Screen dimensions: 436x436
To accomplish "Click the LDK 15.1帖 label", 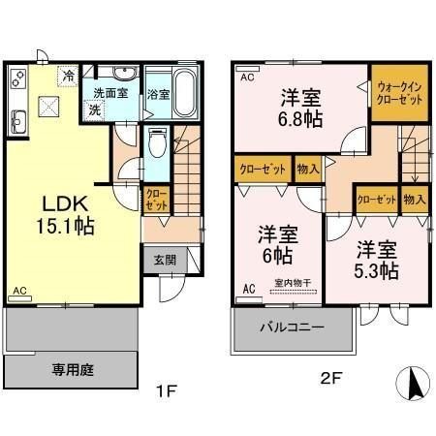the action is click(65, 215).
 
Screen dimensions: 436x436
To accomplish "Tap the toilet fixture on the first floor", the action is click(158, 143).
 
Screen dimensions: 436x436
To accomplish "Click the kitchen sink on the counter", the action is click(18, 122).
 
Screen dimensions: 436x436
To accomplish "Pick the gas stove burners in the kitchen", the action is click(18, 78).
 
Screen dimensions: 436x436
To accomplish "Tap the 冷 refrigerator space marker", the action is click(68, 76).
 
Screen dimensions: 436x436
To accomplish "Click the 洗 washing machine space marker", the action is click(94, 110).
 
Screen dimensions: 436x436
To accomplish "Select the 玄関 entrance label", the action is click(165, 260).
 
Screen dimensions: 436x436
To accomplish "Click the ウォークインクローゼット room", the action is click(400, 93).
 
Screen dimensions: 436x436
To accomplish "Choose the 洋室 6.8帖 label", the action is click(300, 108).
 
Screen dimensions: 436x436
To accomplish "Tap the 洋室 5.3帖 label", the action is click(377, 260).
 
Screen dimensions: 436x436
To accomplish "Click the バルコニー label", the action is click(293, 327).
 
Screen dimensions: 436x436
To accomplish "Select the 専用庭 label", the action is click(73, 370).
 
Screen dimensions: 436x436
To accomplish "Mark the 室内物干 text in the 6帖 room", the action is click(293, 283).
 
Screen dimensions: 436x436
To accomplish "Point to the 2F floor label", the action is click(331, 378).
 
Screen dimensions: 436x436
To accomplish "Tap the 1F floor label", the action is click(167, 391).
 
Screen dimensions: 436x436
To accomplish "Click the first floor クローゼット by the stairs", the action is click(157, 201).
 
